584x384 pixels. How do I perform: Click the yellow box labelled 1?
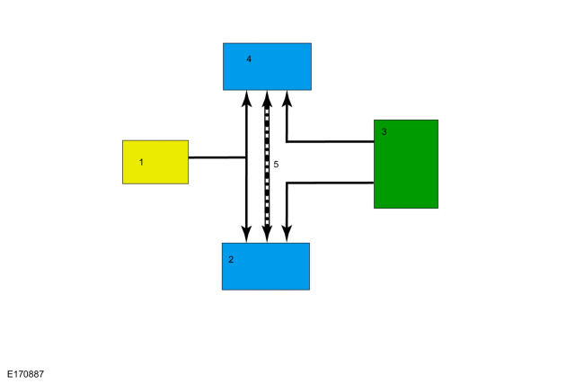click(x=155, y=162)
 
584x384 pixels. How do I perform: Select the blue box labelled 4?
click(x=267, y=67)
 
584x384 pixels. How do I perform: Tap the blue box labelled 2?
click(x=266, y=266)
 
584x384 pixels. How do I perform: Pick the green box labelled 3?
click(x=406, y=164)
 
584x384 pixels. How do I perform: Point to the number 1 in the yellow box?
click(x=141, y=162)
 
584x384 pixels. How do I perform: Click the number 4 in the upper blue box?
click(x=249, y=59)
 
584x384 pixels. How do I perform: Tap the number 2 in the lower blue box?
click(x=231, y=260)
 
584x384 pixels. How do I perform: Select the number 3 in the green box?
click(x=384, y=131)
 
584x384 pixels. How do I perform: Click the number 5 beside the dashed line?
click(x=276, y=165)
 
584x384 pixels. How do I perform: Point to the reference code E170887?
click(x=25, y=374)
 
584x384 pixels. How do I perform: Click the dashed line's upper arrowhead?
click(x=267, y=98)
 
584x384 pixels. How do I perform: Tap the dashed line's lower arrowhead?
click(x=267, y=234)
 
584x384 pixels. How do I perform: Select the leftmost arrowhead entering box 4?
click(x=246, y=98)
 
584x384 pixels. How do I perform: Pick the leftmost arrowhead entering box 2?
click(x=246, y=234)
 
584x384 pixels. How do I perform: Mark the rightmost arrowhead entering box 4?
click(x=287, y=98)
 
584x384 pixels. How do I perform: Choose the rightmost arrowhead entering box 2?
click(x=287, y=234)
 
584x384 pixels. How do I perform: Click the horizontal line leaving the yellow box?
click(x=217, y=157)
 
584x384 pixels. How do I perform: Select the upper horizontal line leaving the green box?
click(x=331, y=142)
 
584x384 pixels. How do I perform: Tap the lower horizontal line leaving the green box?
click(x=331, y=183)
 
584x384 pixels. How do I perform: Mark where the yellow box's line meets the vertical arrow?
click(x=246, y=157)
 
